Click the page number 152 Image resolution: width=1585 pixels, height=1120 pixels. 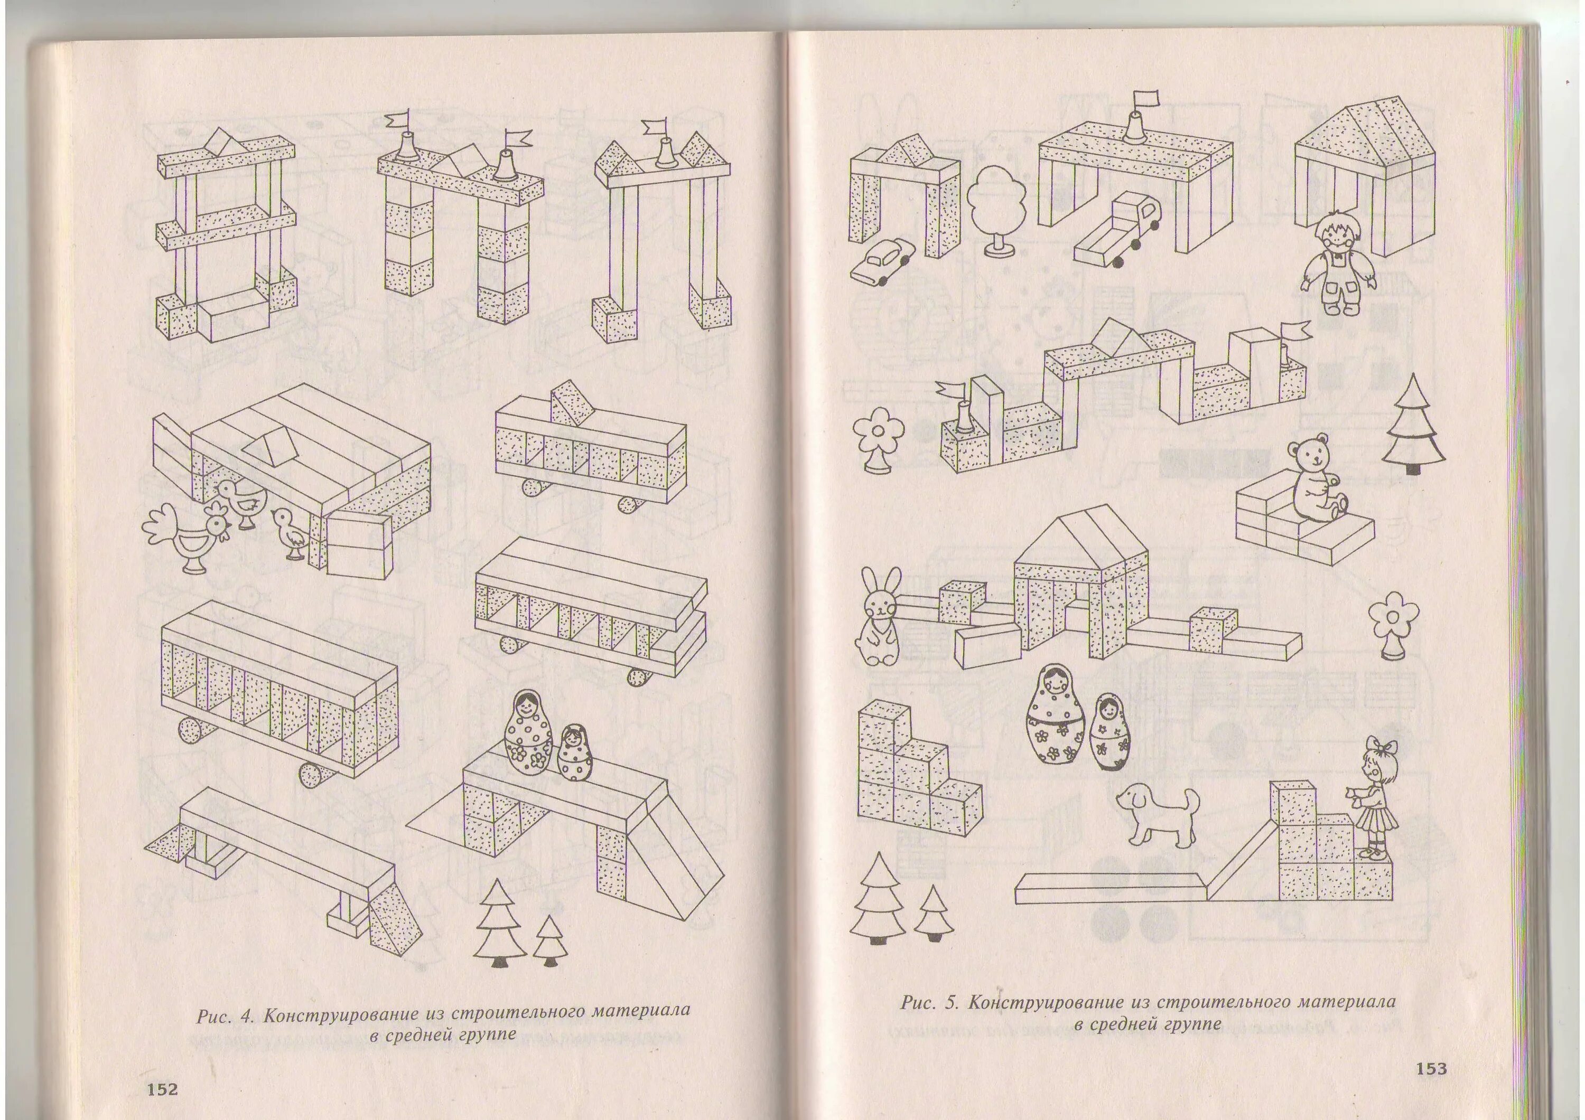coord(162,1089)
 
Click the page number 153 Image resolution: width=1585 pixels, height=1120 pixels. coord(1431,1068)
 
